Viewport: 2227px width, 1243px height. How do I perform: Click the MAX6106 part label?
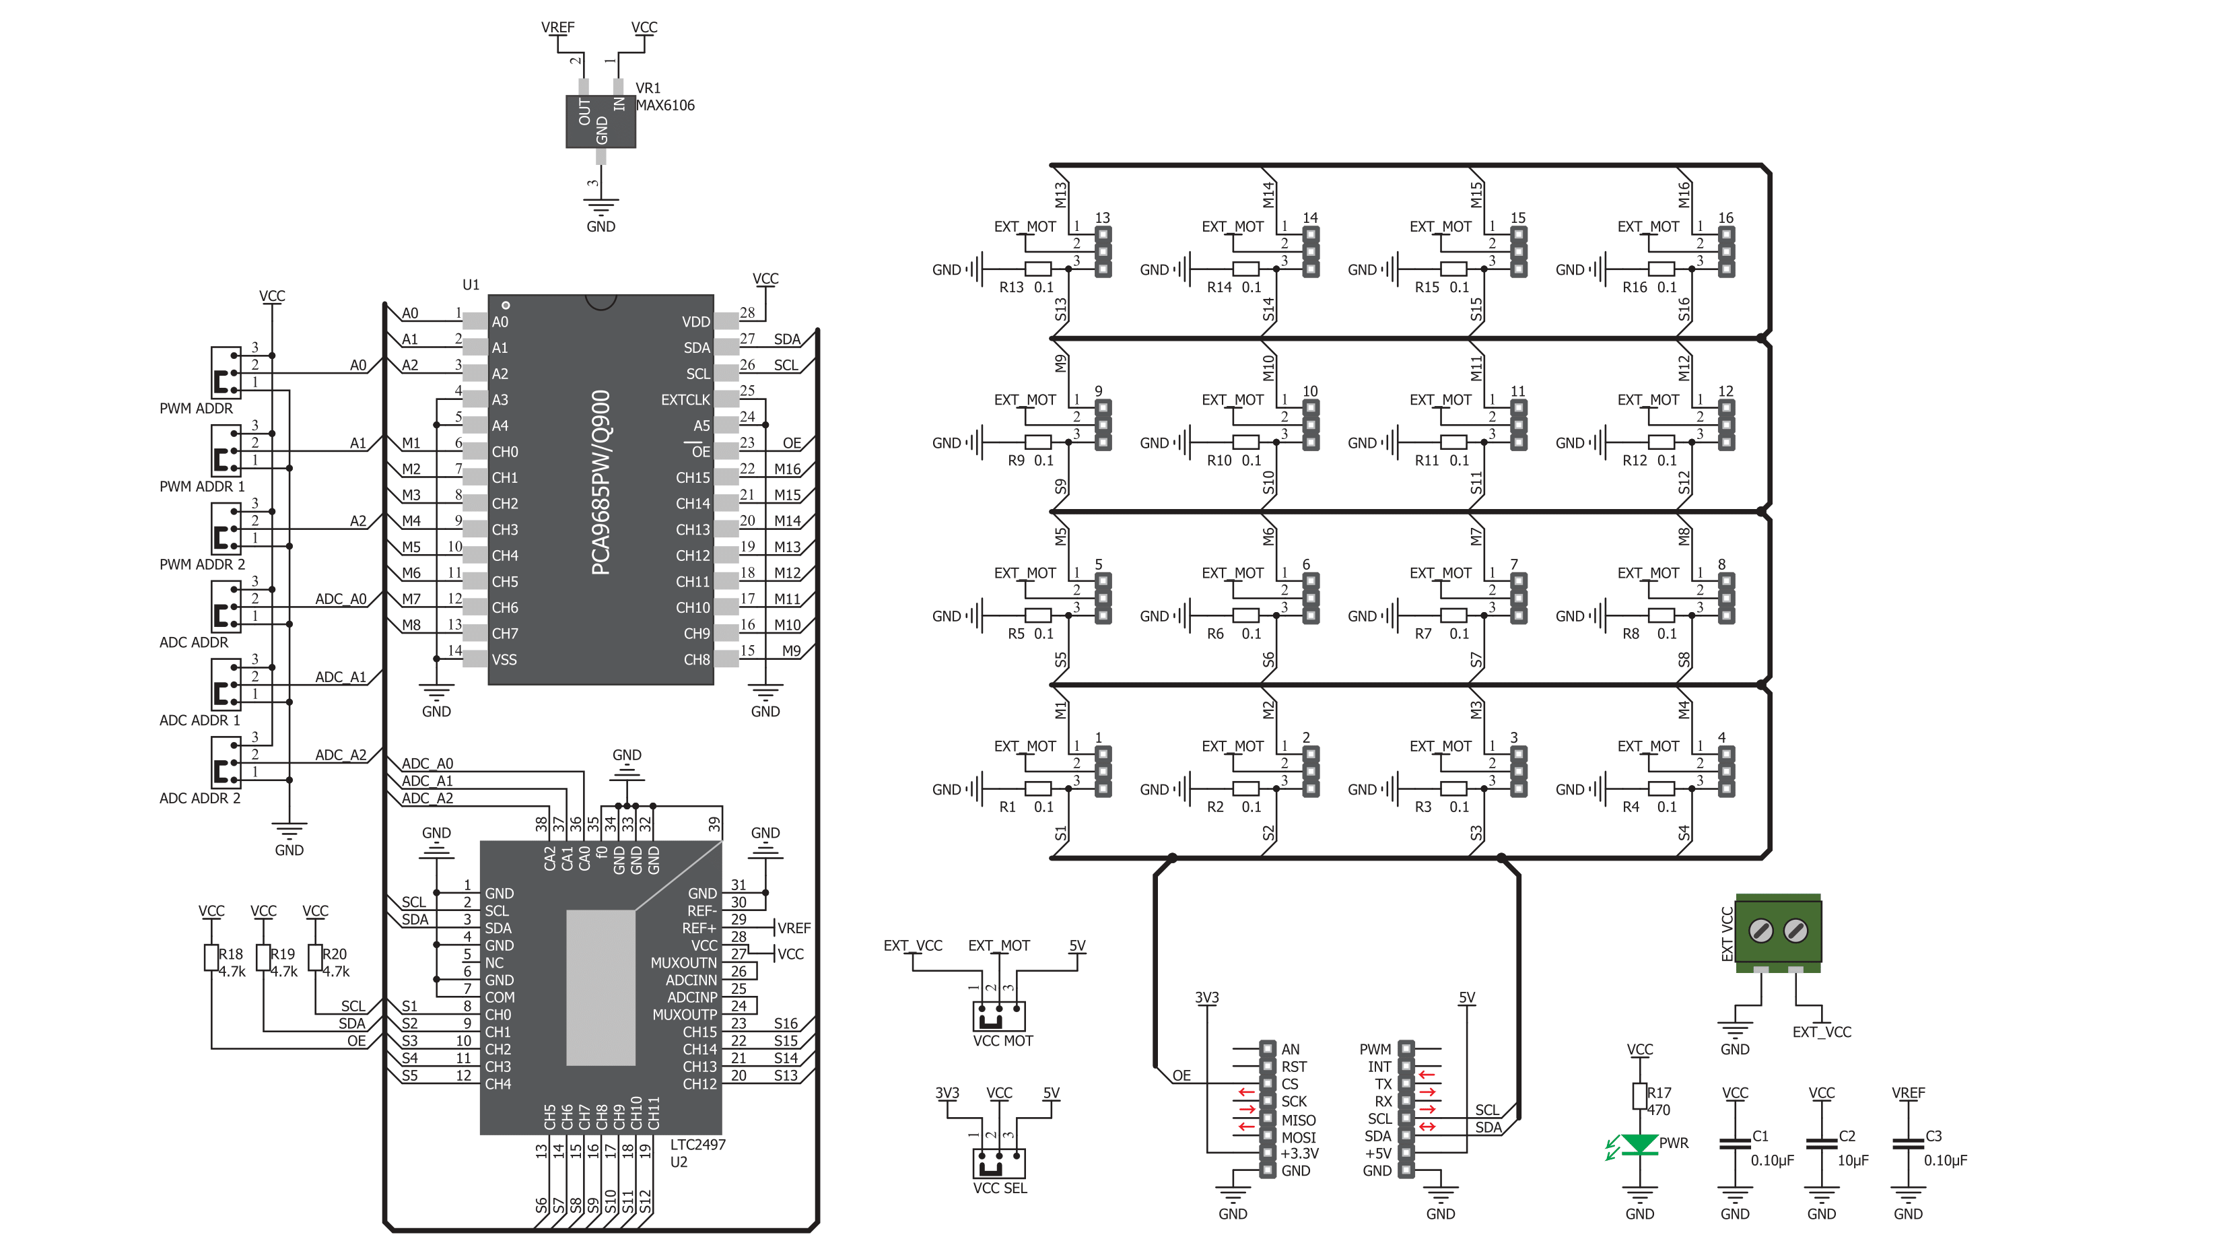pyautogui.click(x=665, y=106)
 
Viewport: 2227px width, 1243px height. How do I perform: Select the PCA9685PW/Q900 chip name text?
pyautogui.click(x=601, y=482)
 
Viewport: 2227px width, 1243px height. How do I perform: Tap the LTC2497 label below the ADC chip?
pyautogui.click(x=697, y=1145)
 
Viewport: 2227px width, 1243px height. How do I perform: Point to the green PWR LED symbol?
pyautogui.click(x=1639, y=1145)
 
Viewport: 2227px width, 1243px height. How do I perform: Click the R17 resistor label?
pyautogui.click(x=1659, y=1093)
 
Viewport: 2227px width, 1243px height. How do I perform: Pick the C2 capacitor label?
pyautogui.click(x=1847, y=1136)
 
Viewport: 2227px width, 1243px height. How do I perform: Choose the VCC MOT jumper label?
pyautogui.click(x=1003, y=1041)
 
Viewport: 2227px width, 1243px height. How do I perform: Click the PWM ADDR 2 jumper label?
pyautogui.click(x=202, y=564)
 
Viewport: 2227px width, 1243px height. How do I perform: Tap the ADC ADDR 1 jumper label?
pyautogui.click(x=200, y=720)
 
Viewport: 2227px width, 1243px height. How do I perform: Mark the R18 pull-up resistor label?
pyautogui.click(x=231, y=954)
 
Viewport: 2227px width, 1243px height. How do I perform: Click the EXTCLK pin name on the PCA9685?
pyautogui.click(x=685, y=400)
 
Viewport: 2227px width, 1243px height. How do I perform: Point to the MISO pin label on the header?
pyautogui.click(x=1299, y=1120)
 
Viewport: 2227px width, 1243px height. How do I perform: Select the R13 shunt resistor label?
pyautogui.click(x=1011, y=287)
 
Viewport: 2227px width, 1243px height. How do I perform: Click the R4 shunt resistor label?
pyautogui.click(x=1631, y=807)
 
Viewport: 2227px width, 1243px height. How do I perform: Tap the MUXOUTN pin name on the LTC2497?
pyautogui.click(x=684, y=963)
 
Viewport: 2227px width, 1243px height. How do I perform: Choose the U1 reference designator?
pyautogui.click(x=471, y=284)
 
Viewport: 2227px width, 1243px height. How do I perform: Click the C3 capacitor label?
pyautogui.click(x=1933, y=1136)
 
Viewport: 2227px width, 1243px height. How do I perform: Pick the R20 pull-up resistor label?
pyautogui.click(x=335, y=954)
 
